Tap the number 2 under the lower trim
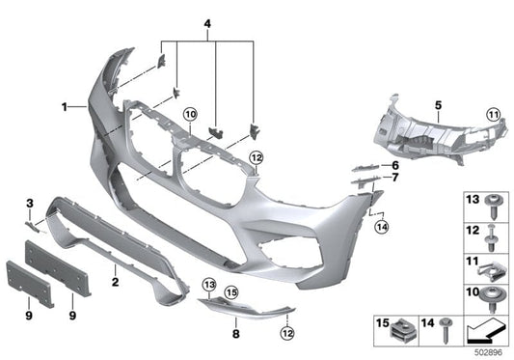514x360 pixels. pyautogui.click(x=115, y=283)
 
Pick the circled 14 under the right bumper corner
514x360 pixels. pyautogui.click(x=381, y=227)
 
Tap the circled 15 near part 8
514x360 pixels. pyautogui.click(x=230, y=291)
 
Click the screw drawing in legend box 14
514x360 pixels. pyautogui.click(x=446, y=330)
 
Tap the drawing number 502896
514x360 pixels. pyautogui.click(x=487, y=353)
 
